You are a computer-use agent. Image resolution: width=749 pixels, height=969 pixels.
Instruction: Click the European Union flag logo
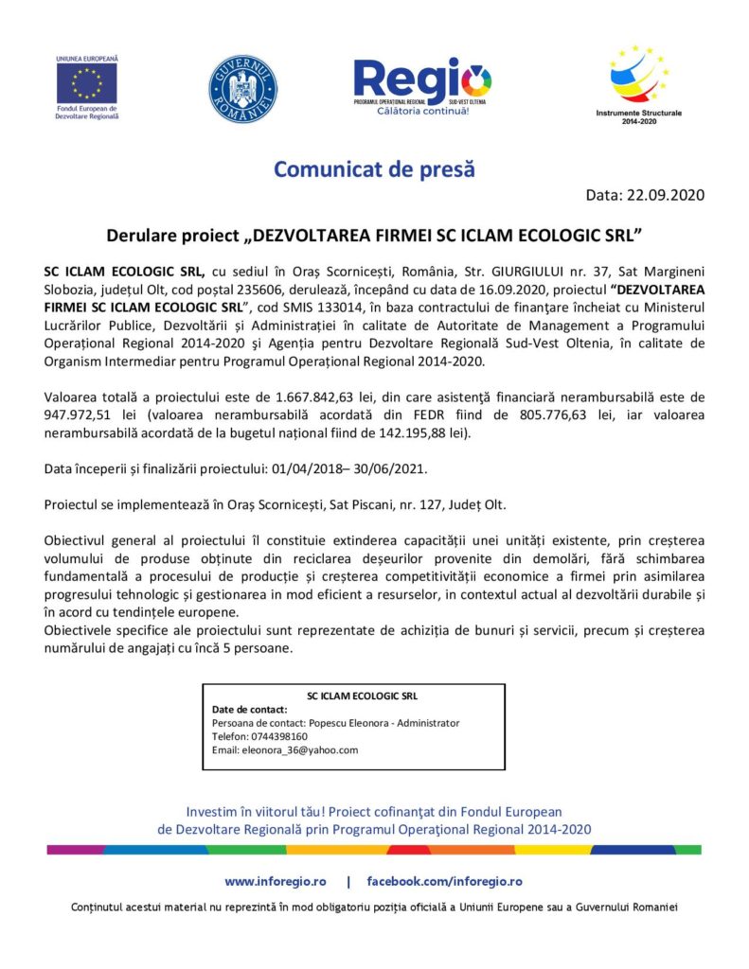point(87,83)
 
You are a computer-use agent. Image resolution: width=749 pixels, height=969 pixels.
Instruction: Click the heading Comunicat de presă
point(374,170)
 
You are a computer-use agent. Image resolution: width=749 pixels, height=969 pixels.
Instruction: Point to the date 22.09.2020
point(665,196)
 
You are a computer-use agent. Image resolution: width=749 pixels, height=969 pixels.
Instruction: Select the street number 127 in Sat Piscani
point(420,506)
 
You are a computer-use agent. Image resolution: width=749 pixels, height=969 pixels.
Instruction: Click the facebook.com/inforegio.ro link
point(444,881)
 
